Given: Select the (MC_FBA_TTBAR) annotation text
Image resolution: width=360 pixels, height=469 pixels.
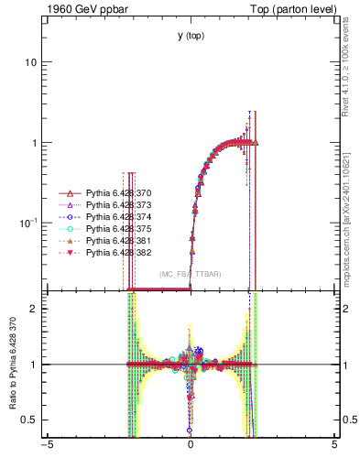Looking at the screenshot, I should (191, 274).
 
